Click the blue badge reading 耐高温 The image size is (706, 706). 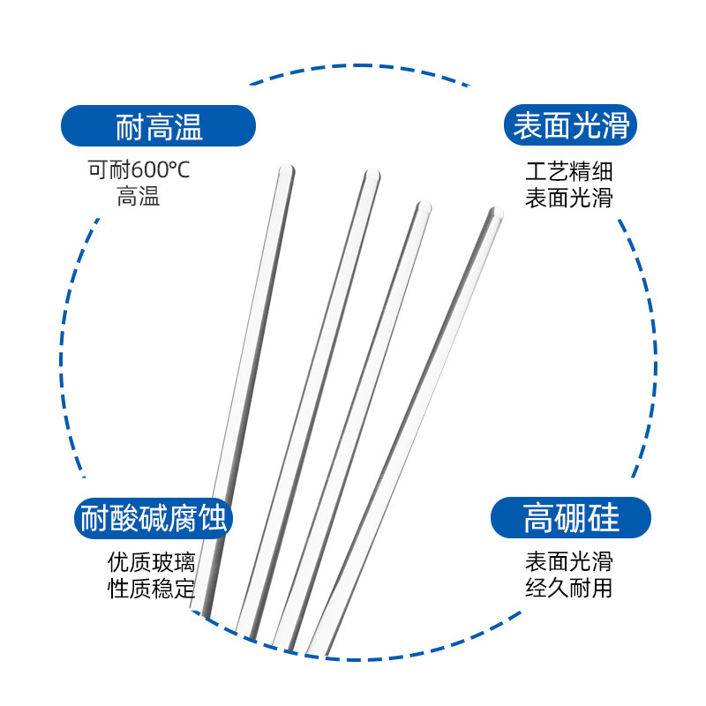pyautogui.click(x=158, y=126)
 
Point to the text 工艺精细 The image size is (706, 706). pyautogui.click(x=568, y=171)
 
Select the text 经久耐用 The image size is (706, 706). pyautogui.click(x=568, y=589)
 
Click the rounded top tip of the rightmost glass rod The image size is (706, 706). pyautogui.click(x=496, y=213)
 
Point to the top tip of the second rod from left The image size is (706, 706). pyautogui.click(x=372, y=176)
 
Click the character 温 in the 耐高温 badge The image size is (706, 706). pyautogui.click(x=188, y=127)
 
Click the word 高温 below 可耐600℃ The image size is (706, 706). pyautogui.click(x=139, y=196)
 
